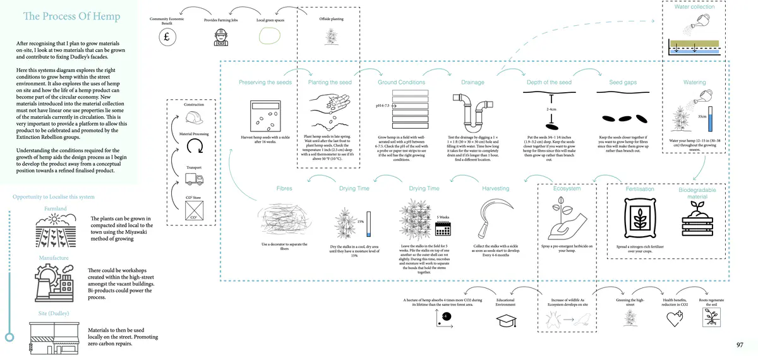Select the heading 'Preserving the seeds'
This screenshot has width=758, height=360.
point(265,83)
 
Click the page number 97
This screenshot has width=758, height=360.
point(740,345)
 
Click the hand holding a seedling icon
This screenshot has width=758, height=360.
point(566,215)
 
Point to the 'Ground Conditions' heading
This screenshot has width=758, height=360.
point(401,83)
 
